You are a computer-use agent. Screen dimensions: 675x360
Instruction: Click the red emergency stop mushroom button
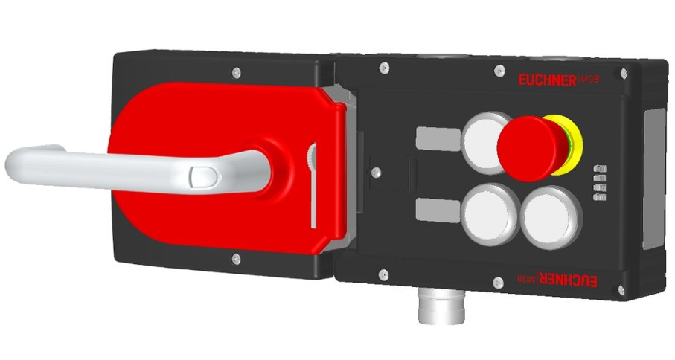[x=531, y=147]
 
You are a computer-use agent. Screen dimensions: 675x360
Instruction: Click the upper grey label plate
[x=438, y=138]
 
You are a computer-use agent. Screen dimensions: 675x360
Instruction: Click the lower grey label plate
[x=438, y=210]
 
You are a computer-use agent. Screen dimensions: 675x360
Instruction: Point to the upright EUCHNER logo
[x=558, y=80]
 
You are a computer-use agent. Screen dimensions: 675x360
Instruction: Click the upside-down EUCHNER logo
[x=557, y=279]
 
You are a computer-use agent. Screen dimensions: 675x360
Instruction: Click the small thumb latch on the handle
[x=204, y=177]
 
